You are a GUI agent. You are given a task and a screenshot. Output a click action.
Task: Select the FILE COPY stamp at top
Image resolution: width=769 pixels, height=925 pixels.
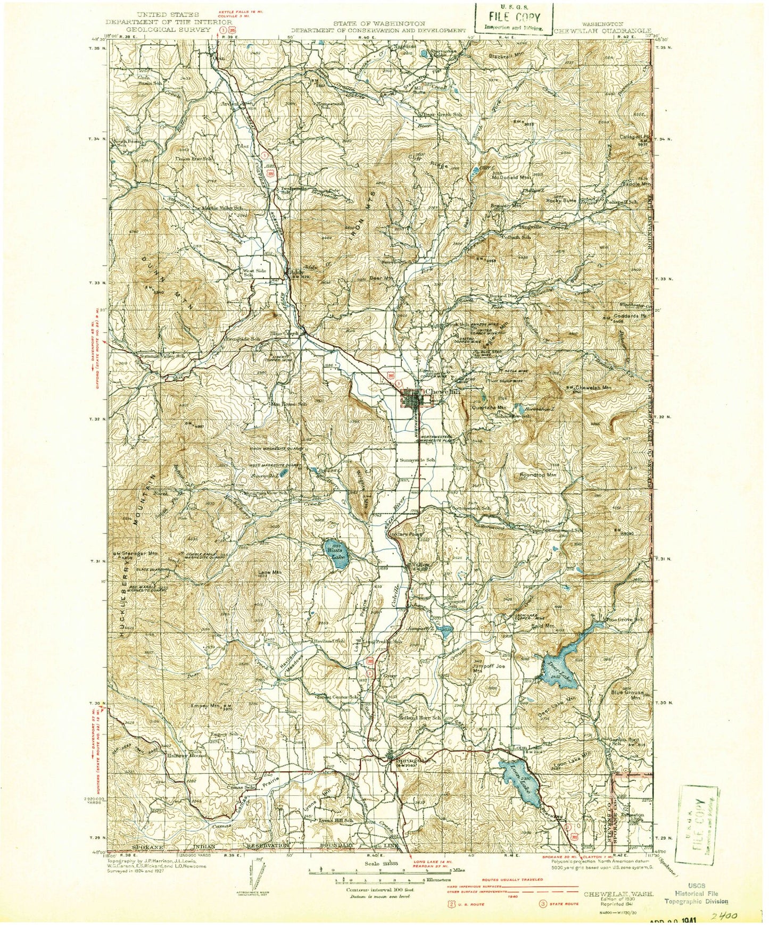point(514,17)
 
